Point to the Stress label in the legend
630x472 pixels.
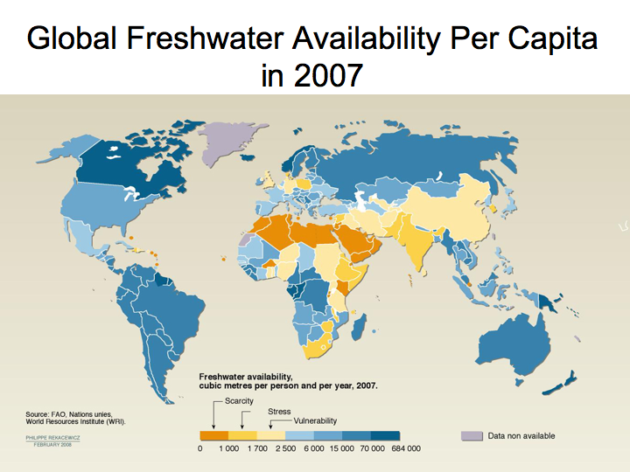tap(279, 411)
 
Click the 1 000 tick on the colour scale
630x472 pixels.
tap(228, 448)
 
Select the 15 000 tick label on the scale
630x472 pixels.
tap(342, 448)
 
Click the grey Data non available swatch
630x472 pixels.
tap(471, 435)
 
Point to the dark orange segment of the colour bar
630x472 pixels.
tap(213, 435)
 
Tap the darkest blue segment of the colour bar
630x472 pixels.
tap(385, 435)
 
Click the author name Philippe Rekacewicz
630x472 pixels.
tap(52, 435)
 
